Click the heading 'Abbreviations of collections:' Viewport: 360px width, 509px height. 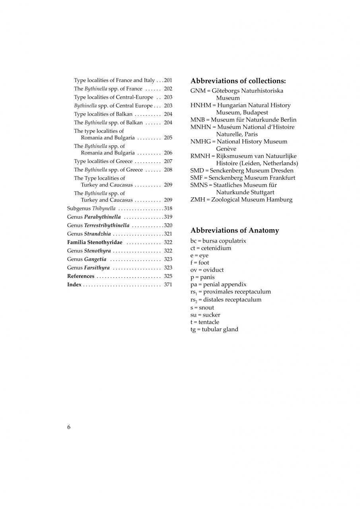pos(238,81)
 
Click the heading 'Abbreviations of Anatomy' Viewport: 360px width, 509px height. pos(235,231)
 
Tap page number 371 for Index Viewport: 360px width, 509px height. pos(168,285)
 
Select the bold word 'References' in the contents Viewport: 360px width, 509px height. pos(81,276)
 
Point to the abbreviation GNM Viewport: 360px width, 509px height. pos(198,91)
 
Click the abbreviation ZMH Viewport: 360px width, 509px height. pos(198,200)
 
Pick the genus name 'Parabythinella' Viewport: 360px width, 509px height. pos(102,217)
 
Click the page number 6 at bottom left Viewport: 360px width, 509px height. pos(69,427)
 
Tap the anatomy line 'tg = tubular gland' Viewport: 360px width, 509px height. pos(214,329)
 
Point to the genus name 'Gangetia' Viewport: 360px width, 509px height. pos(95,259)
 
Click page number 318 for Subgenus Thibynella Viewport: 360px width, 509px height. pos(168,208)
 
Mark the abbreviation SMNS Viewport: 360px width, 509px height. pos(199,185)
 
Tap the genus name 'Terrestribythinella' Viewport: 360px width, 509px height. pos(107,225)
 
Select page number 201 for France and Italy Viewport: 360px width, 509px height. pos(168,80)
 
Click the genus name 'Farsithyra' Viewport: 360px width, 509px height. pos(97,268)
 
